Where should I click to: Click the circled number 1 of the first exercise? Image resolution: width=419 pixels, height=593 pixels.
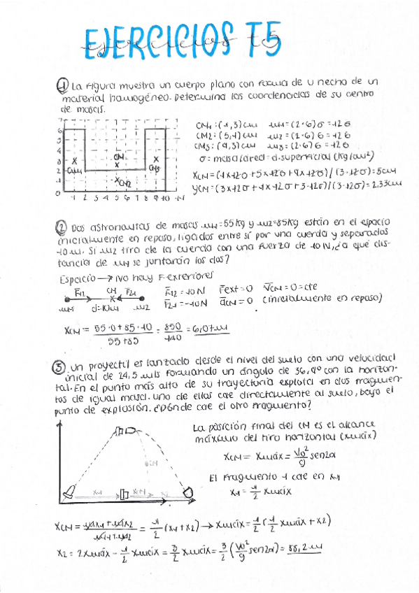click(x=62, y=83)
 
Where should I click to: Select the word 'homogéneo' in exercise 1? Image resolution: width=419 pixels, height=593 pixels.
click(x=137, y=97)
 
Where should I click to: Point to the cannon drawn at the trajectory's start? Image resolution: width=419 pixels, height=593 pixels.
click(x=69, y=494)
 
